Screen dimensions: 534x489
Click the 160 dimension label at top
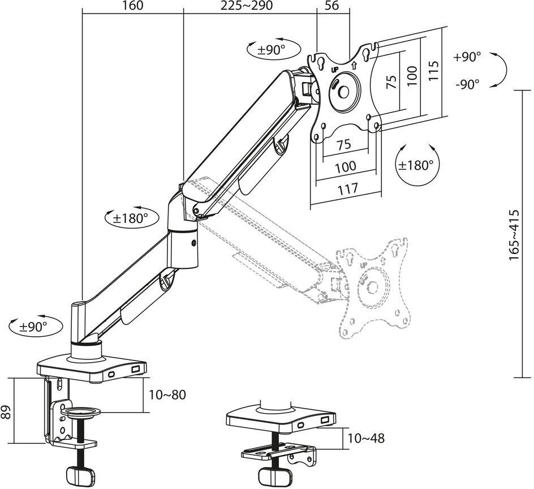[132, 6]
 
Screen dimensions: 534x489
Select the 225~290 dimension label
[247, 6]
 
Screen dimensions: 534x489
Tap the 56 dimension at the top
[331, 6]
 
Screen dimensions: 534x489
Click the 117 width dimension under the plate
[348, 188]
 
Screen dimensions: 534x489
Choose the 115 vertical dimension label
[433, 71]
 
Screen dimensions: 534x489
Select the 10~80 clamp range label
[167, 394]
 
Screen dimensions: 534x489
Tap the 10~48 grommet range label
[366, 438]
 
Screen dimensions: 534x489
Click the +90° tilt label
[467, 57]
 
